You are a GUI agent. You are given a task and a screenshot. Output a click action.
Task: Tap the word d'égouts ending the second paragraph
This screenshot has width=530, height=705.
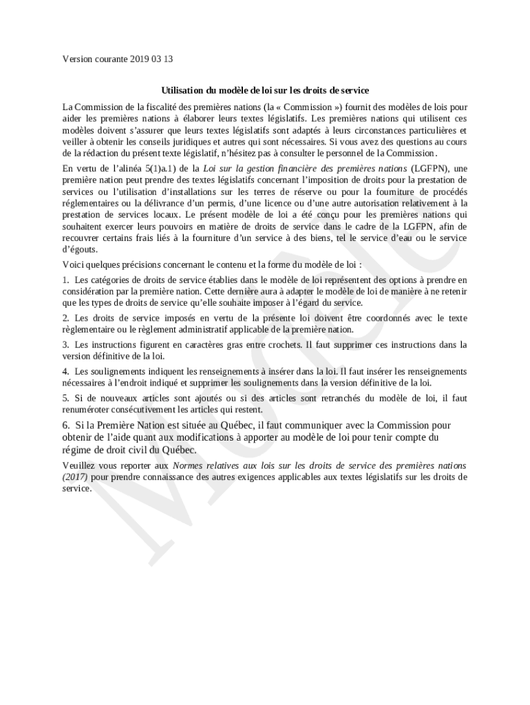click(x=79, y=249)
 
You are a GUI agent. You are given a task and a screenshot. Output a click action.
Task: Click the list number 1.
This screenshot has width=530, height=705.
click(x=65, y=280)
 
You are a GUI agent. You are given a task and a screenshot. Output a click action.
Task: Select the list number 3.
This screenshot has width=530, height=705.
click(x=65, y=344)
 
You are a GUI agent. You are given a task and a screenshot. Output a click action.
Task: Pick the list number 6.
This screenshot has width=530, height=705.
click(x=66, y=425)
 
